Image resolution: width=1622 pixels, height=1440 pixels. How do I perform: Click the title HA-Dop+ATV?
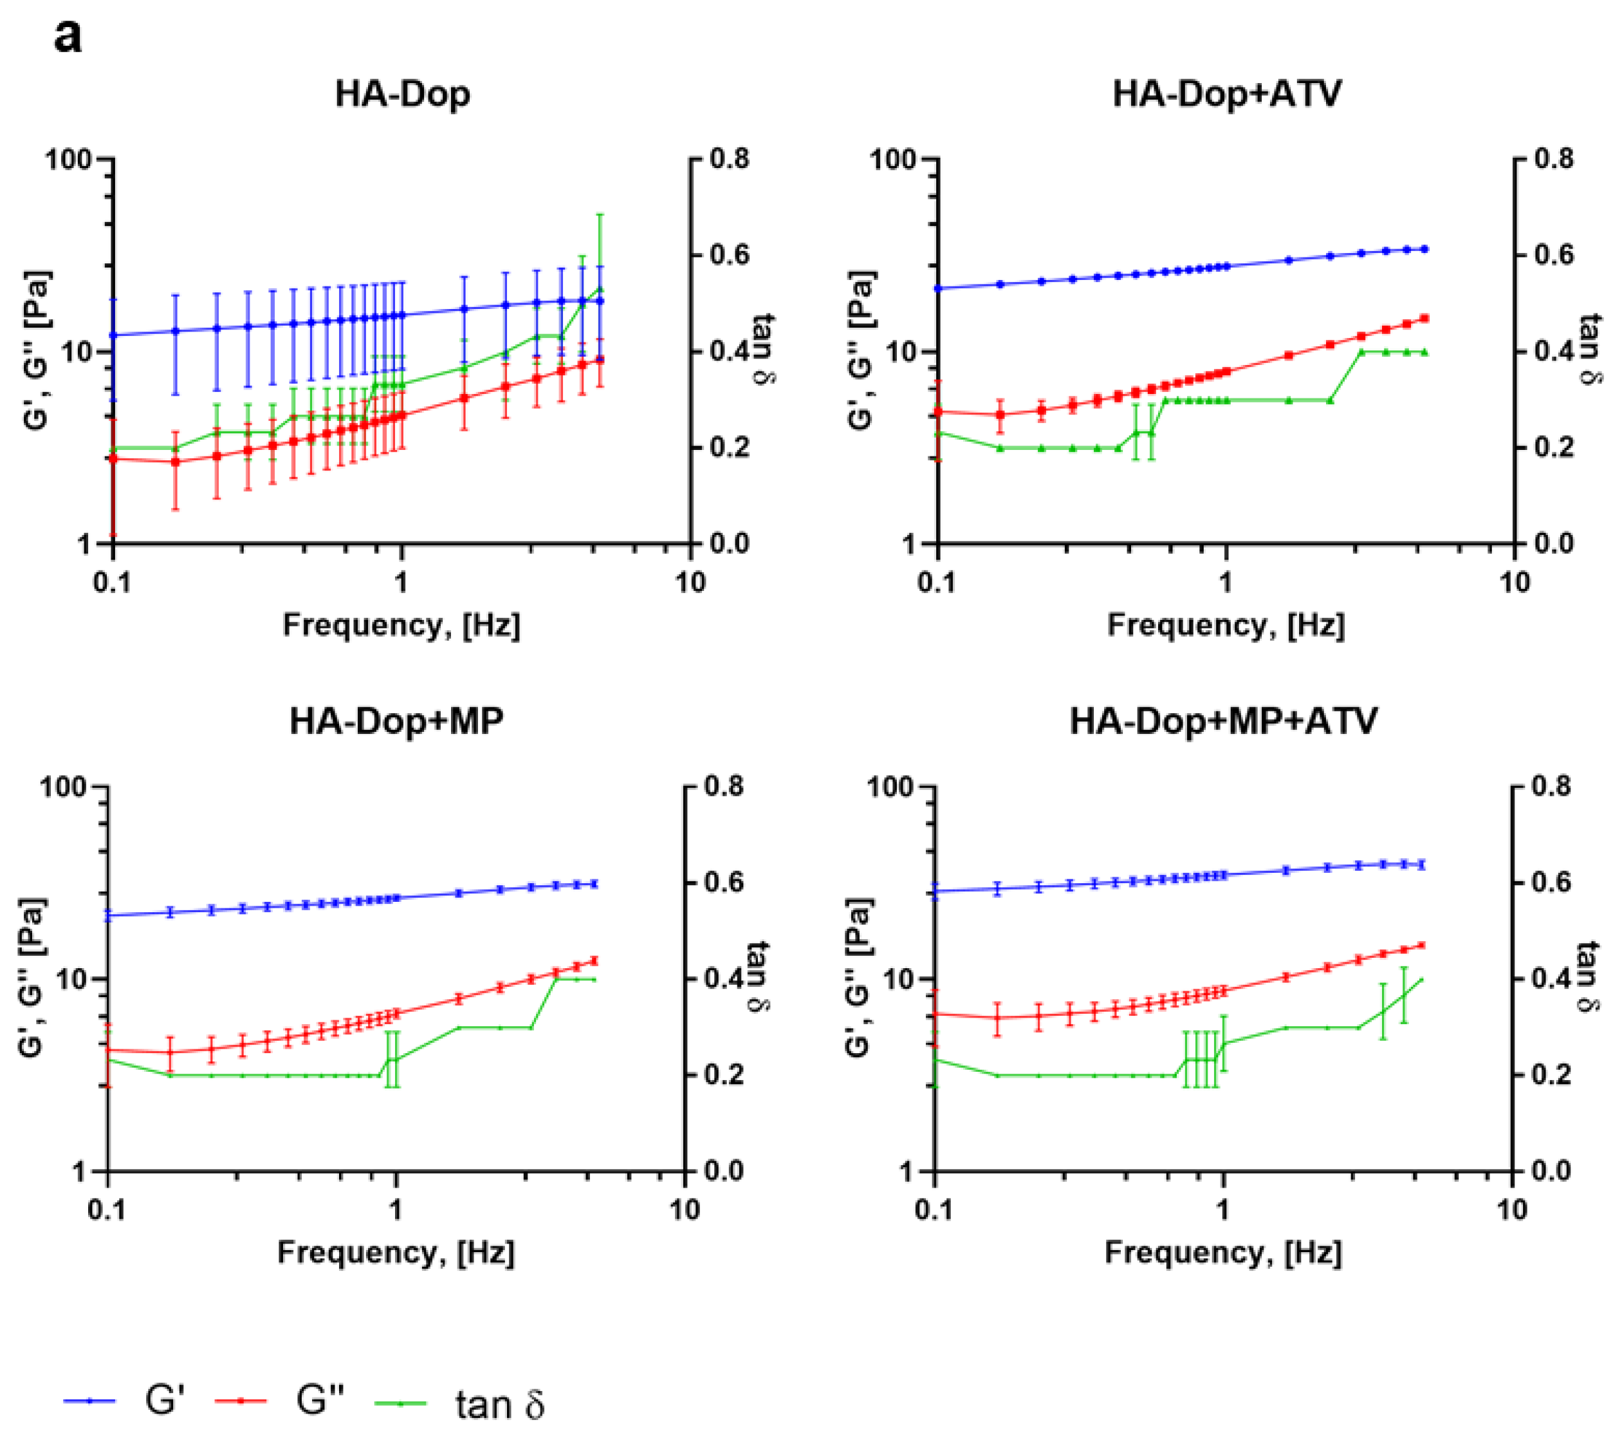click(x=1227, y=95)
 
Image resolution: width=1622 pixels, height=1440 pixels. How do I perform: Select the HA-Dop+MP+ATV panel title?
click(x=1223, y=722)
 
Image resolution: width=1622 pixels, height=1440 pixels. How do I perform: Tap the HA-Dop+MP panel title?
click(x=396, y=722)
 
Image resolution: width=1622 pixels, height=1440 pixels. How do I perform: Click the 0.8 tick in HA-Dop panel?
click(x=729, y=160)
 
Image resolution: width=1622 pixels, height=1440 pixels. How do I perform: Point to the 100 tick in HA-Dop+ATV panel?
click(x=894, y=160)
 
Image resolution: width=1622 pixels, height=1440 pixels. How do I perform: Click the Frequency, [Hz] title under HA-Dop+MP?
click(x=396, y=1252)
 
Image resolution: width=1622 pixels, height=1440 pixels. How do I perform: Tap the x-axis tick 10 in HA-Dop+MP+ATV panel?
click(x=1512, y=1210)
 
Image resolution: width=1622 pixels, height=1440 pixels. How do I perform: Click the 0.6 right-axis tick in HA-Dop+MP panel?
click(x=724, y=882)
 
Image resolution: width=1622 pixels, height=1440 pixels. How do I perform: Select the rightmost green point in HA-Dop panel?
click(x=601, y=289)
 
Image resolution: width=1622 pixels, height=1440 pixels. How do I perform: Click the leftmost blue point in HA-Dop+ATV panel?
click(x=938, y=288)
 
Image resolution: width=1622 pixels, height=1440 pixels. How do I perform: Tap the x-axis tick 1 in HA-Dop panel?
click(x=401, y=582)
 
